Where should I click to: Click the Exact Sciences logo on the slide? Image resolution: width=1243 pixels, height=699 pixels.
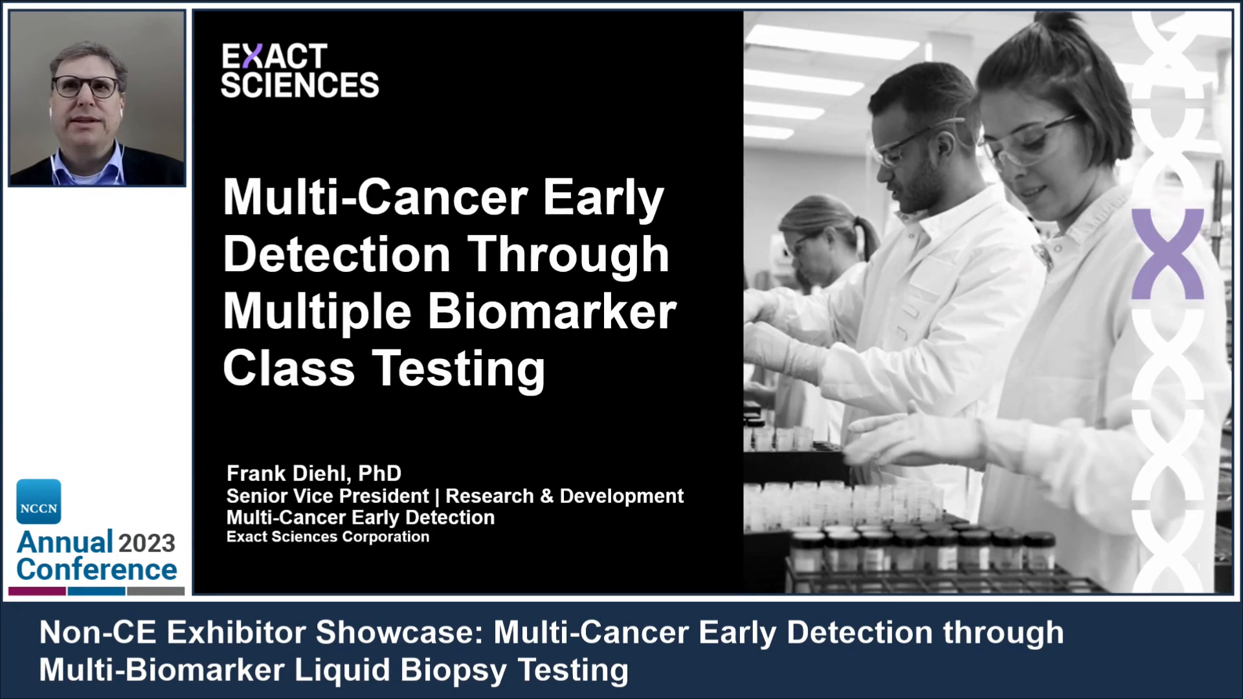click(300, 71)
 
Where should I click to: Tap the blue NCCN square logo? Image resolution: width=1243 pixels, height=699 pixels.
click(39, 502)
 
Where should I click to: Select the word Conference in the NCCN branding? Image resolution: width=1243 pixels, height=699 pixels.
click(96, 570)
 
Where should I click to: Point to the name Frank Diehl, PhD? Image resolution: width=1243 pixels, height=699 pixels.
click(314, 474)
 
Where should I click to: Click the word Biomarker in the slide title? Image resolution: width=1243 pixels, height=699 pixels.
click(552, 312)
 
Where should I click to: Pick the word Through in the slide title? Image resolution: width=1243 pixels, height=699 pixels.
click(568, 254)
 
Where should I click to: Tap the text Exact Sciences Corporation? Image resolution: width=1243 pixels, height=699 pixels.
click(328, 537)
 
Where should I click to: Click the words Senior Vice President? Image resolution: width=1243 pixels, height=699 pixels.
click(327, 496)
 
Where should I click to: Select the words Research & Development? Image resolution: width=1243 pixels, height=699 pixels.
click(565, 496)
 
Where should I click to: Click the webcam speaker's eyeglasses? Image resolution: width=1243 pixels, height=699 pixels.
click(86, 86)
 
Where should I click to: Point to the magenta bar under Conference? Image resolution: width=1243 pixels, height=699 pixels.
click(37, 591)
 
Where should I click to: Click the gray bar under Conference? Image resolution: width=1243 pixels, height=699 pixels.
click(155, 591)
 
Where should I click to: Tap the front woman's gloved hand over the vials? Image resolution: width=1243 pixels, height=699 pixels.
click(906, 440)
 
